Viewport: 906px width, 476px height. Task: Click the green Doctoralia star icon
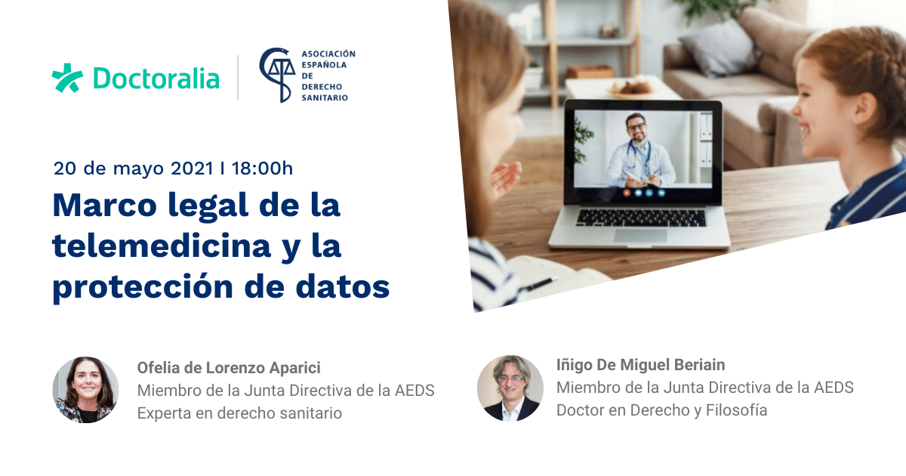(67, 78)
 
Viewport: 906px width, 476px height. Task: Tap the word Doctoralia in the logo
(156, 79)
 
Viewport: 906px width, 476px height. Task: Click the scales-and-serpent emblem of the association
(278, 75)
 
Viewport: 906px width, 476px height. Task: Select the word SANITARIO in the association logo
(325, 97)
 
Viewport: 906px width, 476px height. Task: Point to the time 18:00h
(262, 168)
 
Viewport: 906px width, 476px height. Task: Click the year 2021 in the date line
(192, 168)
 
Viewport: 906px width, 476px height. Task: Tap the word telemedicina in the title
(162, 246)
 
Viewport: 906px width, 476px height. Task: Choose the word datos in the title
(343, 286)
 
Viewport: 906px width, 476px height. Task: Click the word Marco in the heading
(104, 206)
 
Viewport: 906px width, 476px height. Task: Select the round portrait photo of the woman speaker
(86, 390)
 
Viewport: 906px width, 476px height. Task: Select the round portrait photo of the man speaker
(510, 388)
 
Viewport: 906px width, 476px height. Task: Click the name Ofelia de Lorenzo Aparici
(229, 368)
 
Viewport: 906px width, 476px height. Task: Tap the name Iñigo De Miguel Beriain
(641, 365)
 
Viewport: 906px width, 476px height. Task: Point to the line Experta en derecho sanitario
(240, 413)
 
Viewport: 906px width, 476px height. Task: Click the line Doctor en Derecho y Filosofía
(661, 410)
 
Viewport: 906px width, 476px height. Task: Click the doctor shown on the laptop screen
(639, 151)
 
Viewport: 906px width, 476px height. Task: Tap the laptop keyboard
(641, 218)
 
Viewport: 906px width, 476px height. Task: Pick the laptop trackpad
(640, 236)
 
